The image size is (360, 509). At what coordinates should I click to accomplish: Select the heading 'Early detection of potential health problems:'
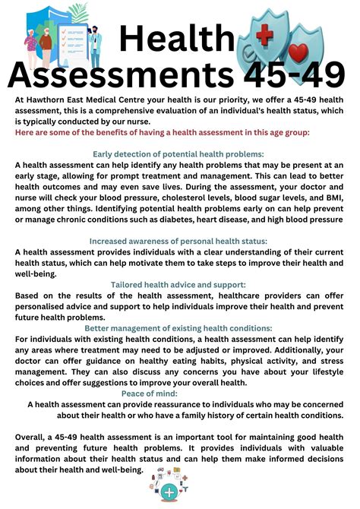pos(178,153)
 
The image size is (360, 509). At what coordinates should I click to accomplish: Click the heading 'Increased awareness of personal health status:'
pos(178,241)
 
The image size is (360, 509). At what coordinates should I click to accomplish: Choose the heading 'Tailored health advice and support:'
pos(178,285)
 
